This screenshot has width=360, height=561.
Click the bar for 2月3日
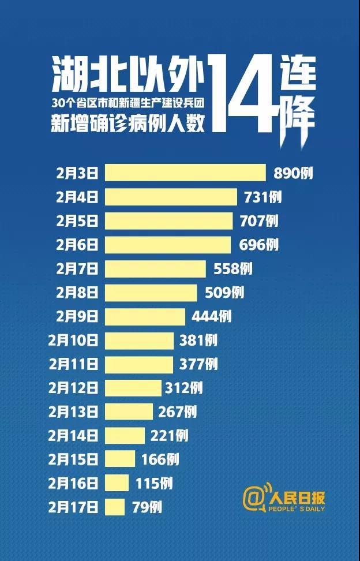point(185,173)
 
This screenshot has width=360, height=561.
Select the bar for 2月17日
point(114,507)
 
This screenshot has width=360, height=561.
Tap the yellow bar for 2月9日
point(145,316)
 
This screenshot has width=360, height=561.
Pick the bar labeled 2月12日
point(133,388)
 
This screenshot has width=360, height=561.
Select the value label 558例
point(230,268)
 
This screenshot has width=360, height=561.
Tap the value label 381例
point(198,341)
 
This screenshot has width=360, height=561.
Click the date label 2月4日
point(77,197)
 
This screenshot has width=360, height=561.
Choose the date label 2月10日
point(74,341)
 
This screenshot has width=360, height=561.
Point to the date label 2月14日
point(74,436)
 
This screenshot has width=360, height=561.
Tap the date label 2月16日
point(74,484)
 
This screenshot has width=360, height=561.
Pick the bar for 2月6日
point(167,245)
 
